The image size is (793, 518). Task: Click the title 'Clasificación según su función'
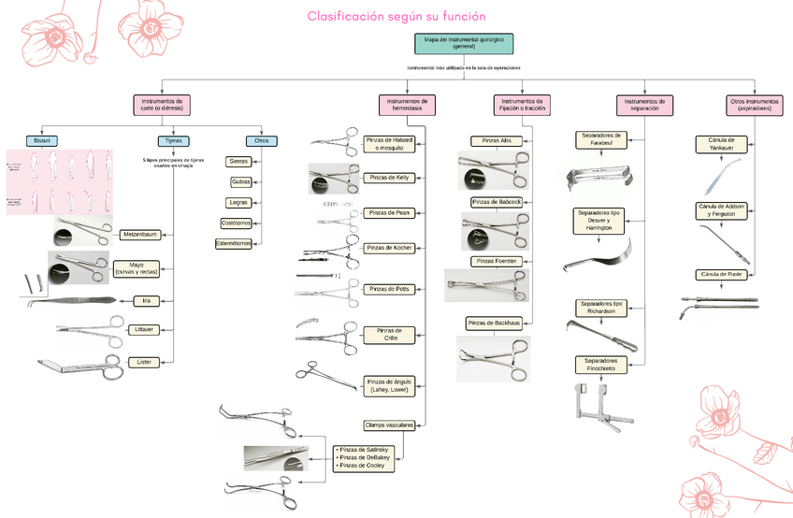396,17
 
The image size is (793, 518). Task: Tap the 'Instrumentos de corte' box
161,104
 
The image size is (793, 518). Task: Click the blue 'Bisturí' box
42,140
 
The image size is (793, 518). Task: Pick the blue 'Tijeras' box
174,140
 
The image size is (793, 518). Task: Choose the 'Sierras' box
238,161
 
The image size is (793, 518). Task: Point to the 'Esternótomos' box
235,243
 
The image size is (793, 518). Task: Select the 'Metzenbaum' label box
139,234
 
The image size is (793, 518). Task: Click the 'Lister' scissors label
144,361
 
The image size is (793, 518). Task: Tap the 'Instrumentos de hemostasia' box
407,104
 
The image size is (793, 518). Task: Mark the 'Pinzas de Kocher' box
390,248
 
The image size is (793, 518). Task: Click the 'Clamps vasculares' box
389,424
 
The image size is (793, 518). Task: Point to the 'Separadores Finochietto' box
600,364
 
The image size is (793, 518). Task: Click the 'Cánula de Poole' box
720,274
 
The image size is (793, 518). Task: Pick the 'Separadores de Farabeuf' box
599,139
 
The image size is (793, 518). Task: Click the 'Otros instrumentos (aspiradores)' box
754,104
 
